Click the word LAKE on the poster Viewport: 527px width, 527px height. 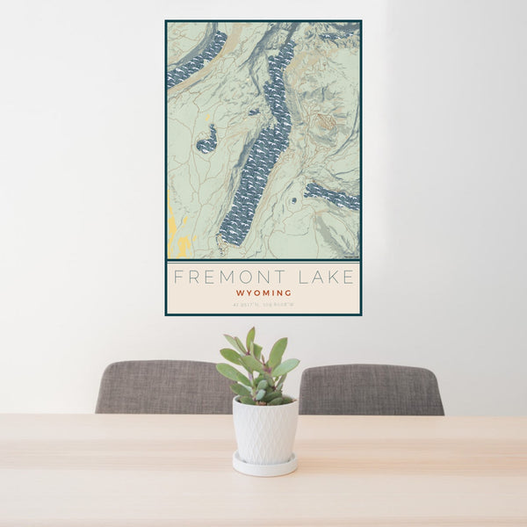click(x=326, y=278)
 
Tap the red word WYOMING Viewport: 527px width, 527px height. click(x=263, y=292)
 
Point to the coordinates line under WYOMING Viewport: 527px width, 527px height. click(x=263, y=305)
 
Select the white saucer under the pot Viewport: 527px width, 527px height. click(x=264, y=465)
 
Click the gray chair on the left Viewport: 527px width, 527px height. click(x=162, y=387)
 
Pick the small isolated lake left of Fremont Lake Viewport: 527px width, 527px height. click(x=207, y=141)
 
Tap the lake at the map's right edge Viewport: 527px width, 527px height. click(x=334, y=196)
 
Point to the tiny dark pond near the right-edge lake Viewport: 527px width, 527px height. click(x=294, y=202)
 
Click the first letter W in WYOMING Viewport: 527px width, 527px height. click(x=239, y=292)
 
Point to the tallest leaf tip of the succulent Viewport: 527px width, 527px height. click(x=250, y=331)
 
